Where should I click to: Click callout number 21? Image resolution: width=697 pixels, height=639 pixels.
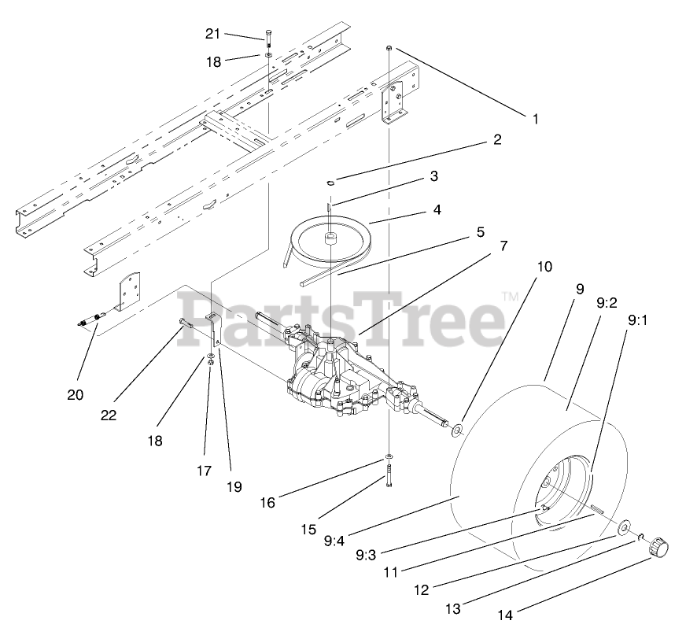213,34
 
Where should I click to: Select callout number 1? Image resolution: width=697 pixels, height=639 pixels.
535,120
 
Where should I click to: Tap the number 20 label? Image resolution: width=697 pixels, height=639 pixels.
75,395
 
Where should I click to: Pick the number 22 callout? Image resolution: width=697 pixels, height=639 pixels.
109,415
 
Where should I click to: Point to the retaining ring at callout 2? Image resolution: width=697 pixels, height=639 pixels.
331,183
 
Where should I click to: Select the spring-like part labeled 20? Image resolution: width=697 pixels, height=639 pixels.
93,319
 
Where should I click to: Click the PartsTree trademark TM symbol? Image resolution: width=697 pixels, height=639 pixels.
510,297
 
